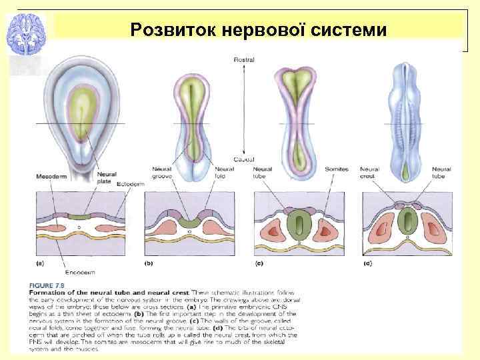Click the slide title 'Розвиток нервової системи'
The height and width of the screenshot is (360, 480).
tap(258, 30)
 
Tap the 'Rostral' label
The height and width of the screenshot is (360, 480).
tap(244, 60)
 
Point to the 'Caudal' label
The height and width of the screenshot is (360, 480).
tap(243, 160)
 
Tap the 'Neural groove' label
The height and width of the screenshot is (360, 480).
tap(162, 173)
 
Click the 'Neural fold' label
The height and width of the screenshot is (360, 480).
tap(224, 173)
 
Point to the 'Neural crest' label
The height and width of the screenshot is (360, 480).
tap(369, 173)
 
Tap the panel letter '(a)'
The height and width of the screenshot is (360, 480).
tap(39, 263)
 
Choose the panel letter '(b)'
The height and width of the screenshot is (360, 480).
tap(149, 263)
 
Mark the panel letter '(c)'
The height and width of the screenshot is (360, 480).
tap(259, 263)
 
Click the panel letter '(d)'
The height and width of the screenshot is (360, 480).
tap(367, 263)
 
